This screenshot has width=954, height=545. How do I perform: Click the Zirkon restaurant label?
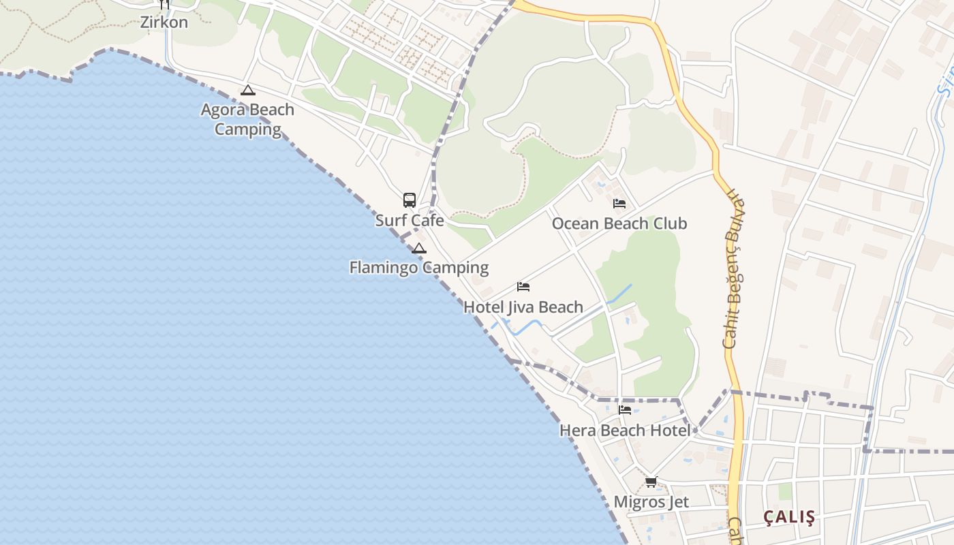[164, 22]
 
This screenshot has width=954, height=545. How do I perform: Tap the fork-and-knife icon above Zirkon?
[164, 3]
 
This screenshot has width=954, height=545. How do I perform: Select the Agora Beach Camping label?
[247, 119]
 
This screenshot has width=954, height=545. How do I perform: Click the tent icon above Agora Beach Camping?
[247, 90]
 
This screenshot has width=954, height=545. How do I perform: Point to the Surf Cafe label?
[410, 220]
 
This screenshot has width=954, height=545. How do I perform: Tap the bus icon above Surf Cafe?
[409, 200]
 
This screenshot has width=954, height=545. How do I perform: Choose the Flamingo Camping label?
[419, 268]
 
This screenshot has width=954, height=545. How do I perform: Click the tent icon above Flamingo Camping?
[419, 248]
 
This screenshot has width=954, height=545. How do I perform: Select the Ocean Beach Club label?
[619, 223]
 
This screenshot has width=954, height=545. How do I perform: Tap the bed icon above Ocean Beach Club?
[619, 203]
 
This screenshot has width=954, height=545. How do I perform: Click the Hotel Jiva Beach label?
[523, 307]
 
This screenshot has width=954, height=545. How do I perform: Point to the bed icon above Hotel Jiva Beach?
[523, 286]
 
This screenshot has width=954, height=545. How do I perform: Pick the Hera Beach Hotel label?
[625, 431]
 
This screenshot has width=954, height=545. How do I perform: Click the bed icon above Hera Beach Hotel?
[625, 410]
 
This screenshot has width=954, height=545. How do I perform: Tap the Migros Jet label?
[651, 502]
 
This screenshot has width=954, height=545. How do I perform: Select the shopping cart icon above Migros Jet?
[651, 482]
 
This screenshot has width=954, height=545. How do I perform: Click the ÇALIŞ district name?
[789, 517]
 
